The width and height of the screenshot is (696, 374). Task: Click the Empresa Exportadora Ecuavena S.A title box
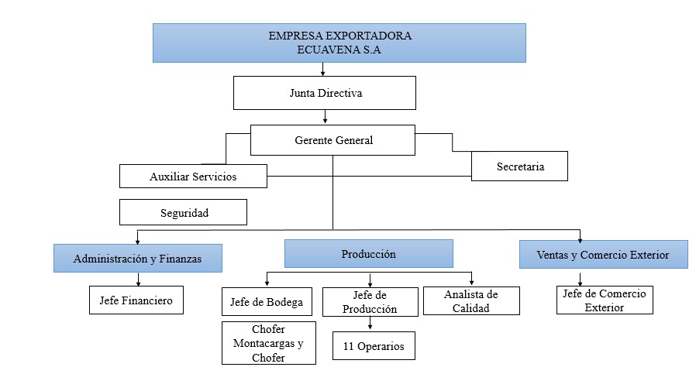coord(339,43)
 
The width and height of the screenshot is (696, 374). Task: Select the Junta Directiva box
coord(325,94)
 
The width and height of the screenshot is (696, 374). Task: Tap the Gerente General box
coord(333,141)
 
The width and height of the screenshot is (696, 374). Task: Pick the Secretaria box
coord(519,166)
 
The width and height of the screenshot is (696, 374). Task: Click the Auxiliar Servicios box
coord(193,177)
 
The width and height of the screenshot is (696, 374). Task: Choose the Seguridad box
coord(183,212)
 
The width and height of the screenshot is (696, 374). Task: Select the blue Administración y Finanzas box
coord(138,259)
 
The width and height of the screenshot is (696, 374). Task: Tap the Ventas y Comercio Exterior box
coord(603,254)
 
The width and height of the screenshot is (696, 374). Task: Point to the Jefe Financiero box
coord(136,300)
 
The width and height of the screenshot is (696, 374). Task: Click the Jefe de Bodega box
coord(267,301)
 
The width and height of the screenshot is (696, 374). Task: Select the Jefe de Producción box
coord(369,302)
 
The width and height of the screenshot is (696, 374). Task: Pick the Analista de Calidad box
coord(470,301)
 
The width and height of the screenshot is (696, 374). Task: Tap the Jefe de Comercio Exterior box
coord(605,300)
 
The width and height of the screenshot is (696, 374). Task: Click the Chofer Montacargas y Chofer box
coord(268,343)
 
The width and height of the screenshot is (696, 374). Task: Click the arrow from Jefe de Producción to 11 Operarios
coord(369,323)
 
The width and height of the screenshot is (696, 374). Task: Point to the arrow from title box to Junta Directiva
coord(322,70)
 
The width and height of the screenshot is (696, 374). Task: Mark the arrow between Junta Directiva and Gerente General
coord(326,118)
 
